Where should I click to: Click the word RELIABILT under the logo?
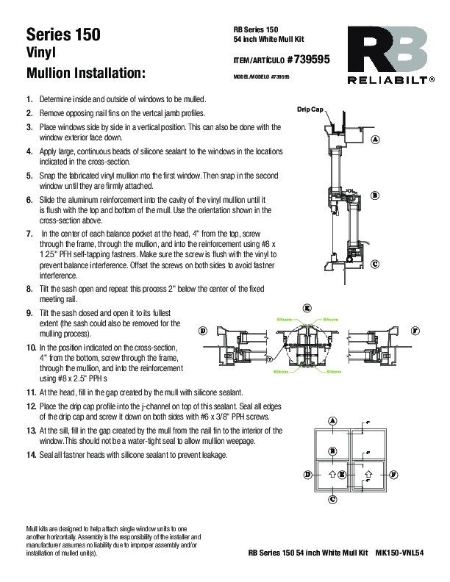(x=390, y=79)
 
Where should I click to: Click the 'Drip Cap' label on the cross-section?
(x=310, y=109)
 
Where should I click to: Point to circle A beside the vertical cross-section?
(x=374, y=139)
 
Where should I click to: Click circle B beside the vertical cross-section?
(x=374, y=195)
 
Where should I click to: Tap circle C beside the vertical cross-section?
(x=374, y=263)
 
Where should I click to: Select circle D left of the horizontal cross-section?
(x=202, y=331)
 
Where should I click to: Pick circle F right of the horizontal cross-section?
(x=415, y=331)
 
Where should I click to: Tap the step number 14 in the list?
(x=29, y=455)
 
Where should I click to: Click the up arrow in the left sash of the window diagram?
(x=332, y=475)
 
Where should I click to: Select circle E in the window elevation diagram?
(x=343, y=475)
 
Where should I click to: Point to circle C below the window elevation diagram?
(x=332, y=500)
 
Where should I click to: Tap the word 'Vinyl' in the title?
(x=43, y=54)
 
